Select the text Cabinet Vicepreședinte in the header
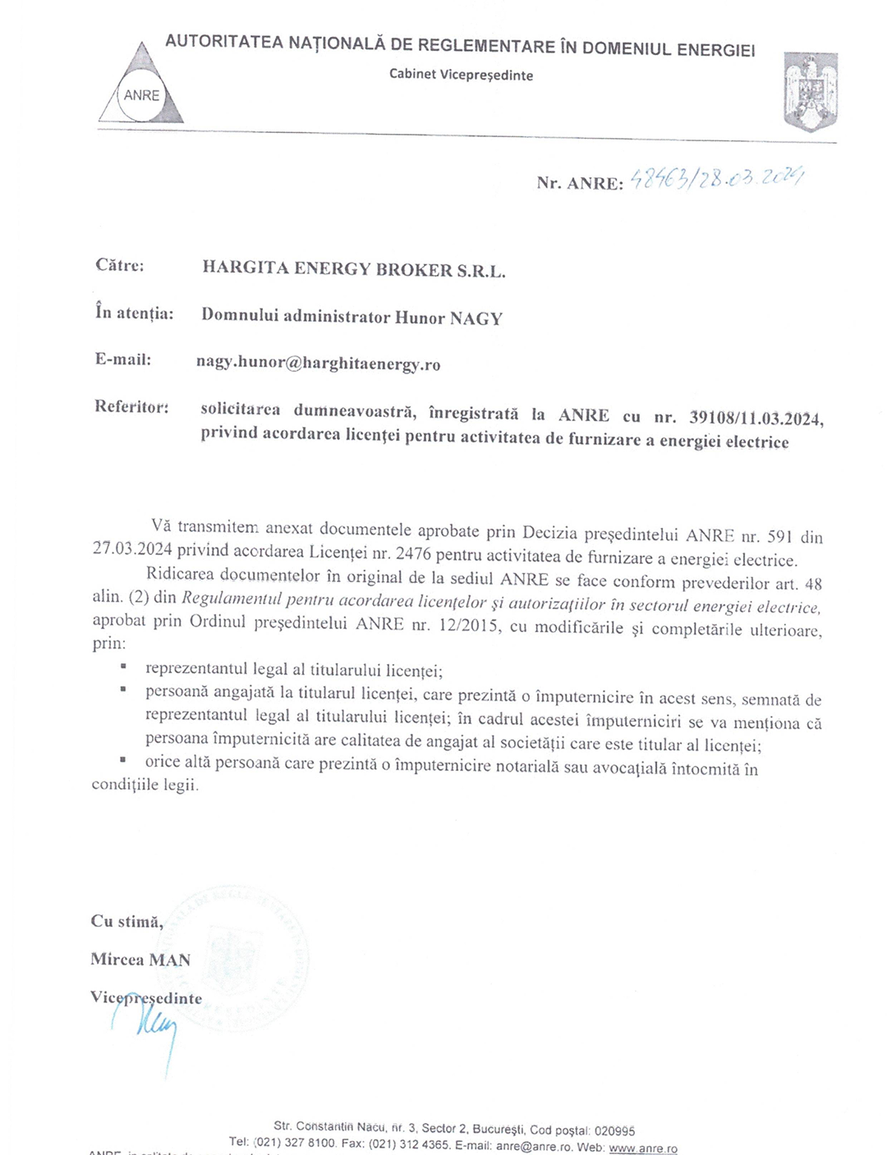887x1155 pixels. (x=461, y=75)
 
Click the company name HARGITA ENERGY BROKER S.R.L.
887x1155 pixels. (x=353, y=269)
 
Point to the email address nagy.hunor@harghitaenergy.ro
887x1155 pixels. (x=318, y=364)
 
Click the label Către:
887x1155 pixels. (x=119, y=265)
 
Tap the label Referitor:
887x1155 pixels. (x=131, y=406)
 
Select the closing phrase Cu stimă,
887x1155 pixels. (x=126, y=921)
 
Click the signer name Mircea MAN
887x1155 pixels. (x=140, y=959)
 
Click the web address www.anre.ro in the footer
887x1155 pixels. (x=643, y=1148)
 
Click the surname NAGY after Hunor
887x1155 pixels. (x=476, y=319)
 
